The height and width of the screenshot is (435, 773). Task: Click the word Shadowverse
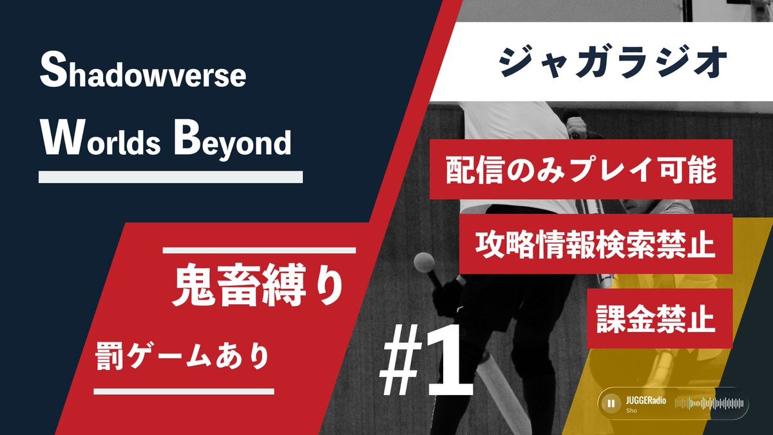click(x=143, y=70)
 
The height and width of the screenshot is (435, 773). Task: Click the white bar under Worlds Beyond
click(x=171, y=177)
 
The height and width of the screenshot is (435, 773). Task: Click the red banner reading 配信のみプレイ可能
click(x=581, y=169)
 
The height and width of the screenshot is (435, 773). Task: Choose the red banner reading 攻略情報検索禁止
click(x=596, y=244)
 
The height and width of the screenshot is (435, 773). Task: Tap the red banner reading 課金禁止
click(x=660, y=318)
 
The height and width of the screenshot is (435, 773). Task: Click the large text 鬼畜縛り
click(x=258, y=285)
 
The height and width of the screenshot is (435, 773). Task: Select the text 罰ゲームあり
click(x=182, y=356)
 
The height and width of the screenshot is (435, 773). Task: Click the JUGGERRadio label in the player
click(x=645, y=401)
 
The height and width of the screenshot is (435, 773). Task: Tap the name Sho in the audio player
click(x=631, y=411)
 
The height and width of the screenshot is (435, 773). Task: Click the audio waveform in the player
click(x=709, y=403)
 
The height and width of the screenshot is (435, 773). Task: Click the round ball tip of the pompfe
click(x=424, y=263)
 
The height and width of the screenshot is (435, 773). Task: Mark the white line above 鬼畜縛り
click(x=259, y=250)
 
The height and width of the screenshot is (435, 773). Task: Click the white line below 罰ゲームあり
click(x=184, y=391)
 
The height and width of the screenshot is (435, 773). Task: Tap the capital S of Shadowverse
click(x=53, y=70)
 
